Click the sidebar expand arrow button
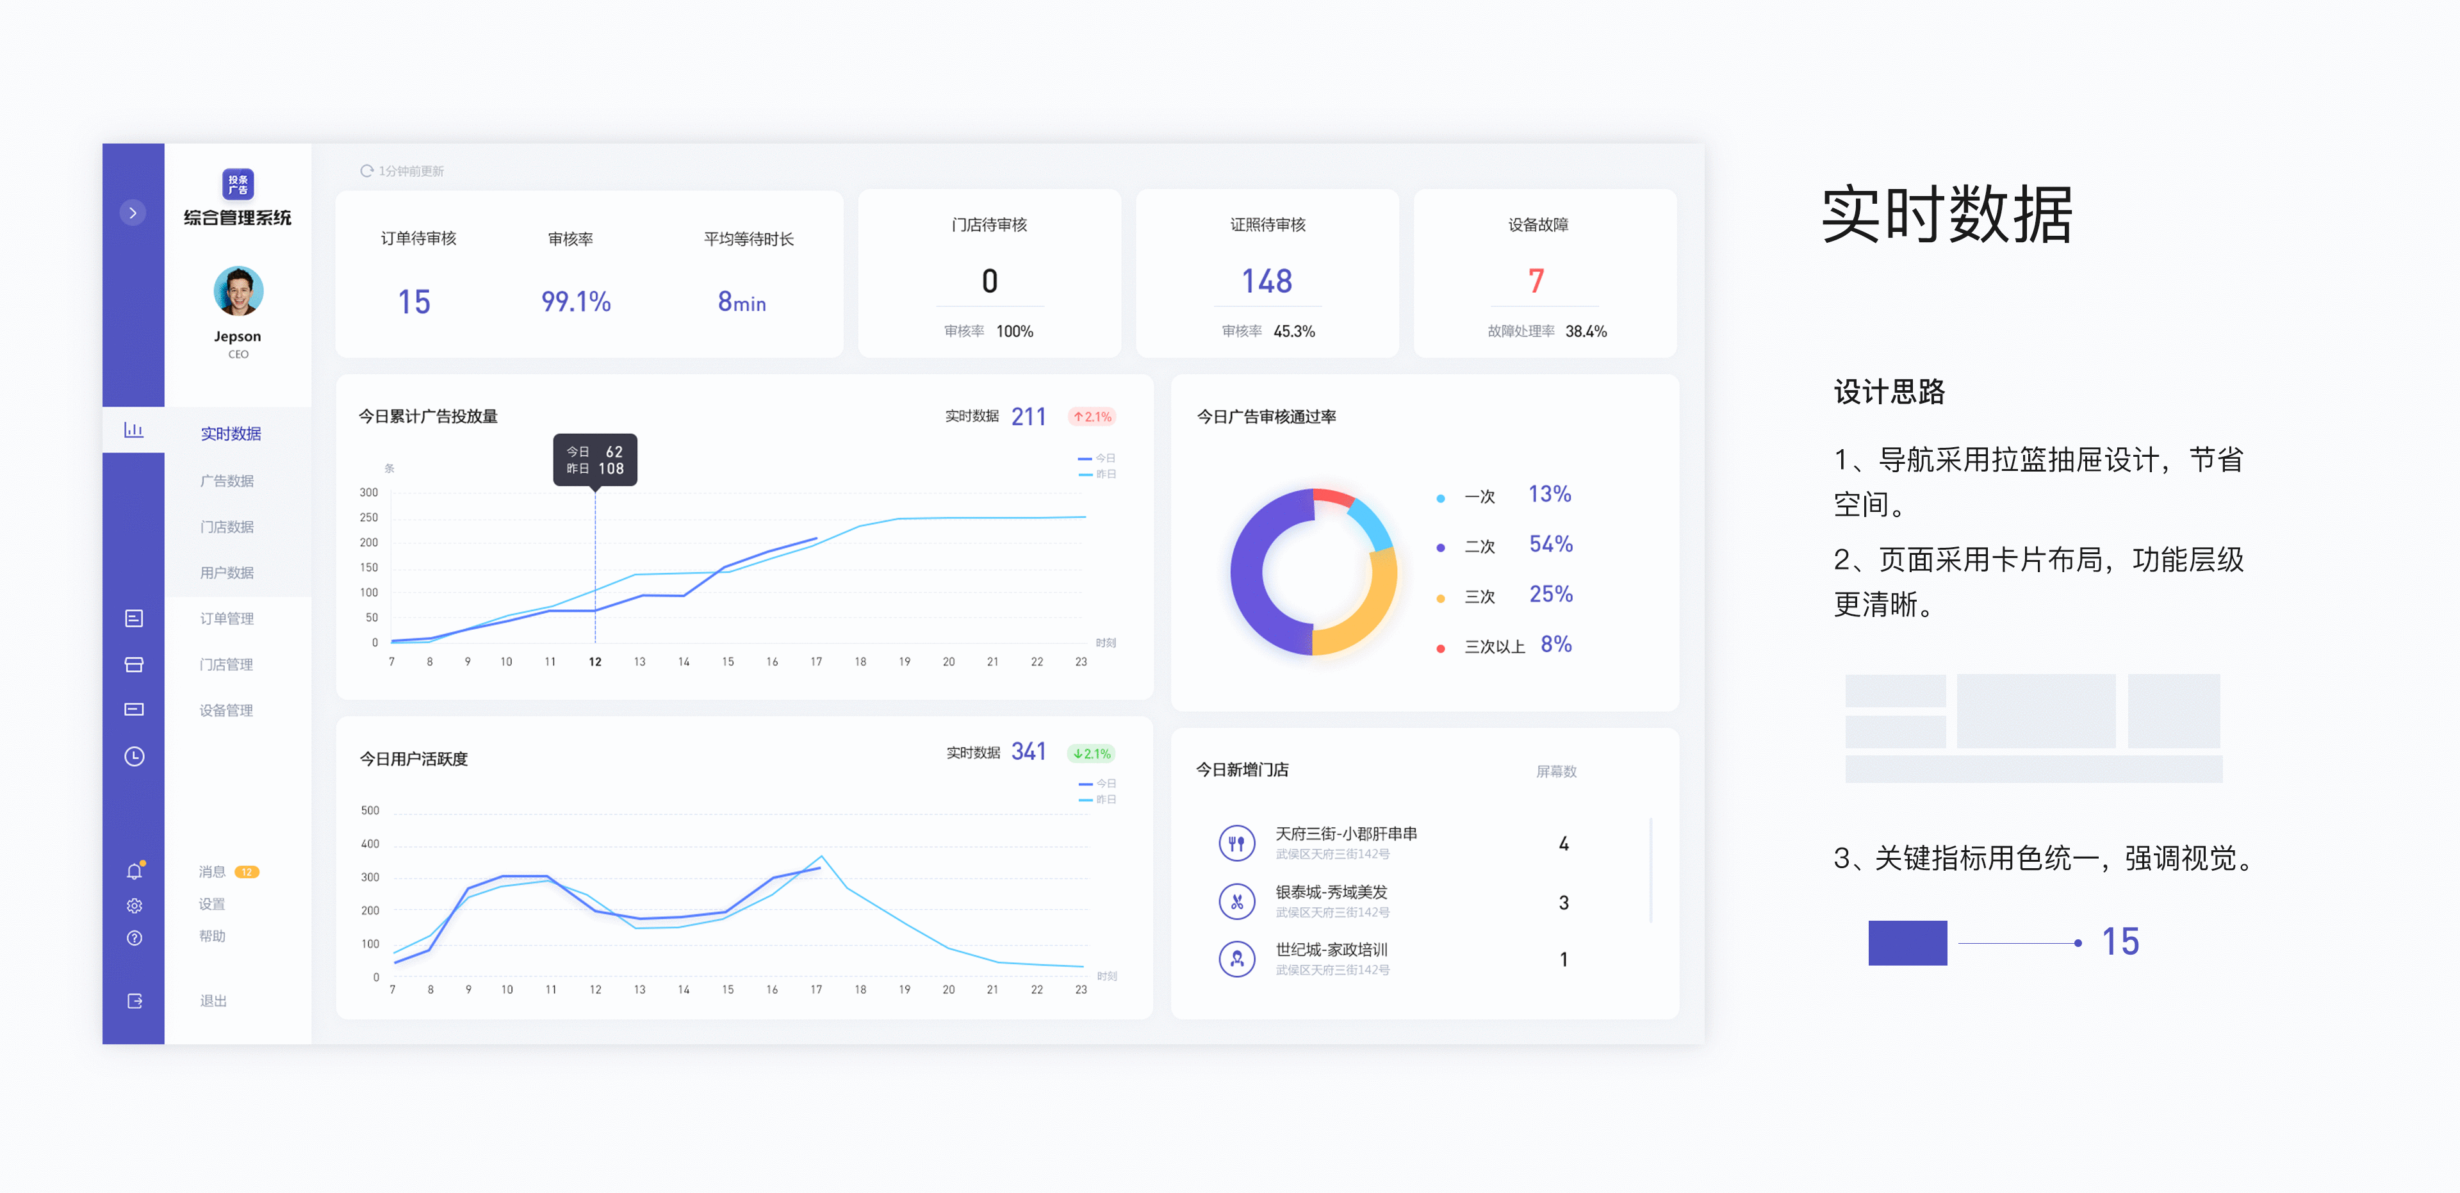tap(133, 213)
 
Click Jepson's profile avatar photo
tap(238, 290)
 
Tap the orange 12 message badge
tap(247, 872)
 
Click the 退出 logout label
tap(213, 1000)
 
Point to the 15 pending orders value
tap(414, 302)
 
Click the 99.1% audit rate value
tap(576, 302)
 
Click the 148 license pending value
tap(1267, 281)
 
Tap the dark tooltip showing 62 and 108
tap(595, 459)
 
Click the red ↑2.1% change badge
tap(1092, 416)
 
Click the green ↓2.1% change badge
tap(1092, 753)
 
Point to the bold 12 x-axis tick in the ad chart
tap(595, 662)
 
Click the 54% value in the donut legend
tap(1551, 545)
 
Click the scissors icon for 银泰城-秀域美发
tap(1236, 901)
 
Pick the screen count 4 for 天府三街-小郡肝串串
tap(1563, 843)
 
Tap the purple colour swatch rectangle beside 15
tap(1907, 942)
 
